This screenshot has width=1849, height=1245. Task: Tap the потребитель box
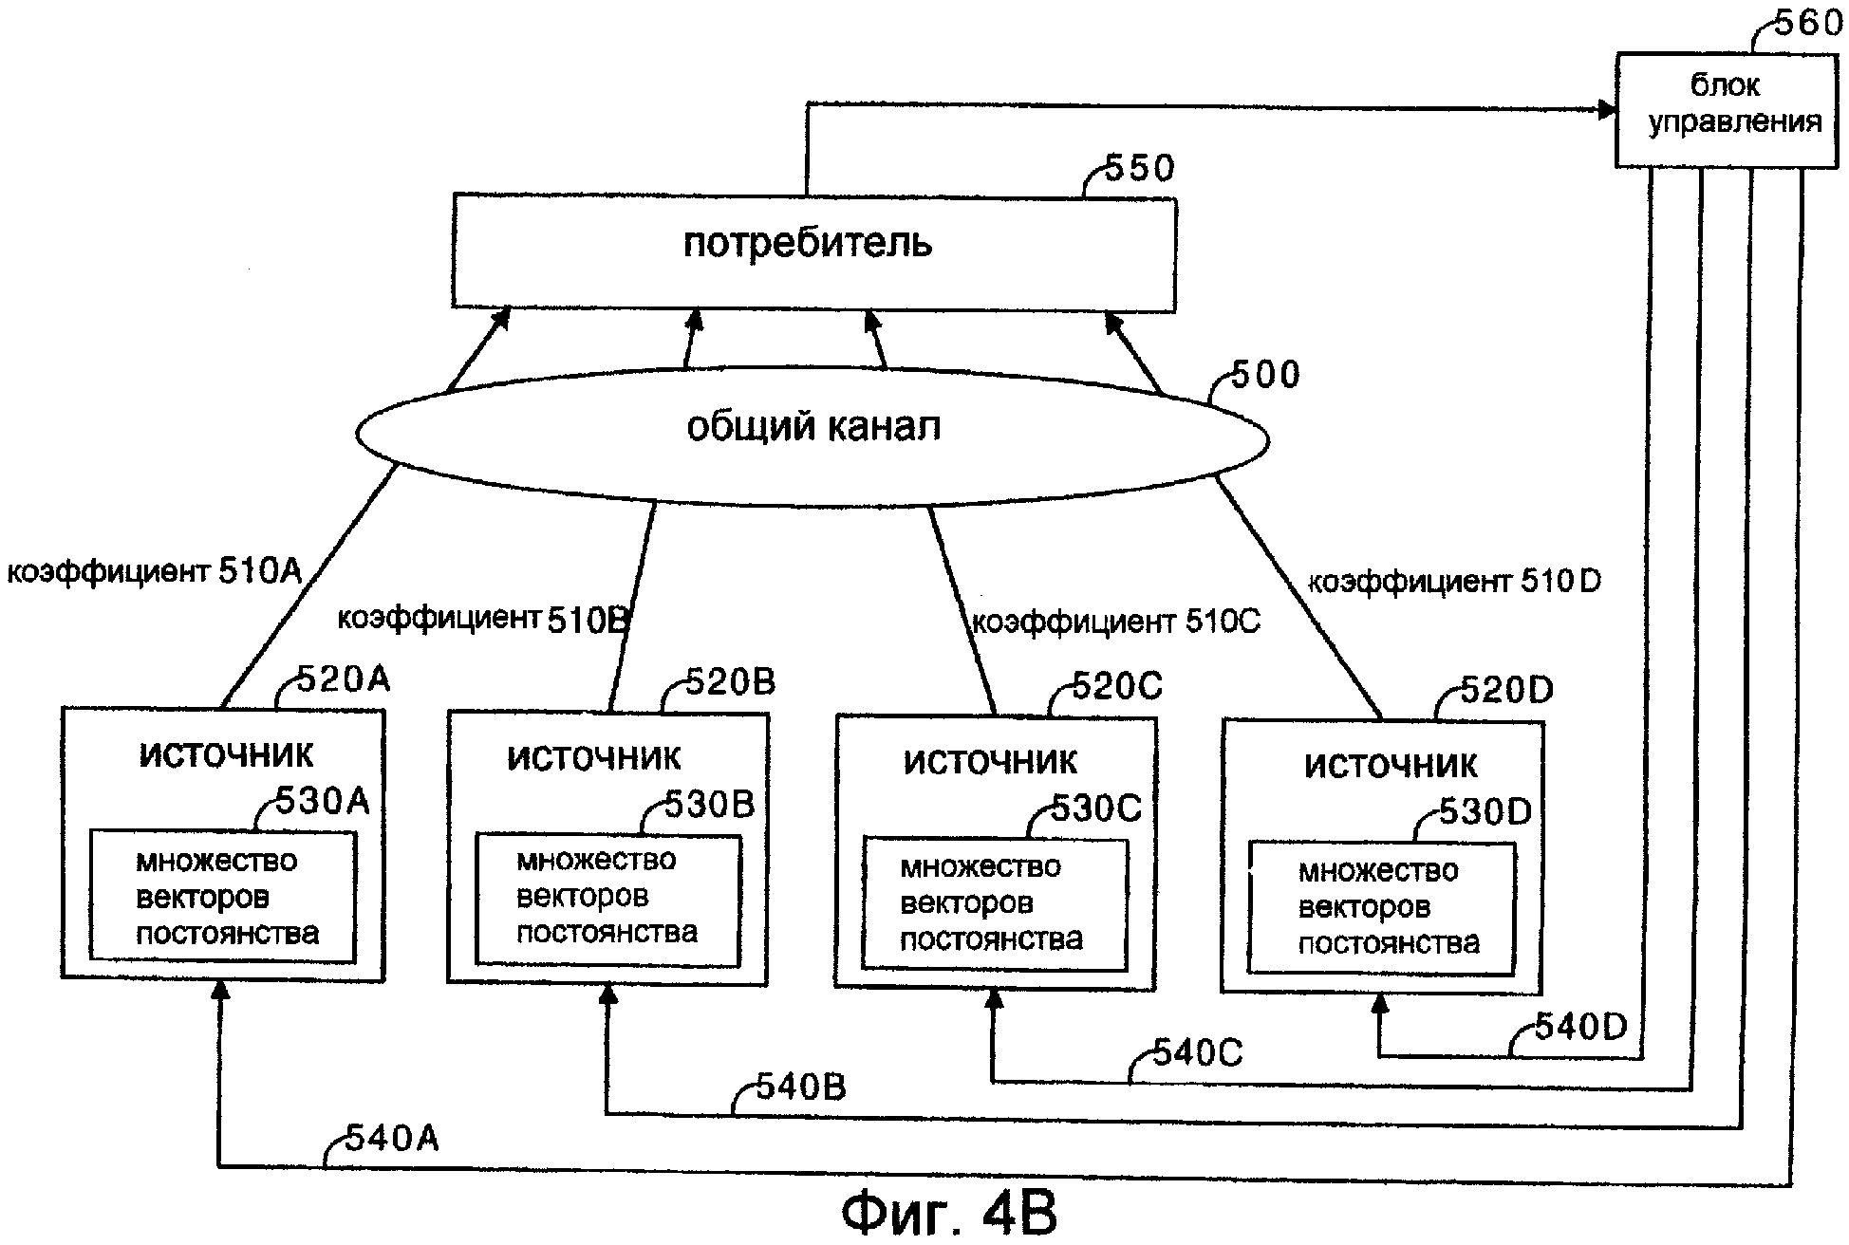click(x=813, y=252)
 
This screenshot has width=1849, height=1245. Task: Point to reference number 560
click(x=1807, y=23)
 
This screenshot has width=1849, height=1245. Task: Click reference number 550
click(x=1139, y=169)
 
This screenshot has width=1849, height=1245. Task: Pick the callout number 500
click(x=1265, y=375)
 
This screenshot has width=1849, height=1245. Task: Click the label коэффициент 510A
click(x=155, y=571)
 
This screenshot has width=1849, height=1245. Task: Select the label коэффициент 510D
click(x=1454, y=581)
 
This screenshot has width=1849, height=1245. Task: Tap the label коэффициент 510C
click(x=1116, y=622)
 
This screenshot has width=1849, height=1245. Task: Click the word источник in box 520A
click(x=226, y=755)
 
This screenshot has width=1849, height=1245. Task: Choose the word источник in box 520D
click(x=1391, y=766)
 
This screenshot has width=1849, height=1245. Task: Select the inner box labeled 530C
click(x=994, y=903)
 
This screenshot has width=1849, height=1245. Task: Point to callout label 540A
click(x=391, y=1137)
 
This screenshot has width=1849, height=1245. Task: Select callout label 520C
click(x=1116, y=686)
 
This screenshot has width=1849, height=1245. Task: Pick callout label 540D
click(x=1580, y=1026)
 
